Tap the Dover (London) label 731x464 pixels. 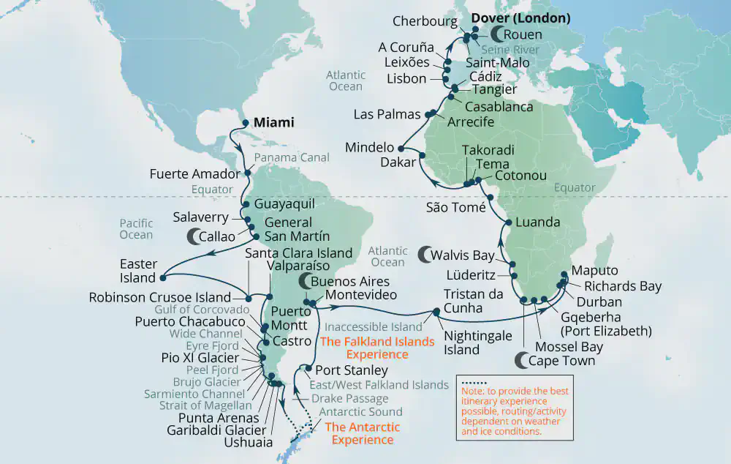pos(520,18)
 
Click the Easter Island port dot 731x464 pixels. pos(162,277)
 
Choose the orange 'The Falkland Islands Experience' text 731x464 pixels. pos(366,347)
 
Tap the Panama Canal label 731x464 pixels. pos(293,157)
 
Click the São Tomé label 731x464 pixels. pos(456,207)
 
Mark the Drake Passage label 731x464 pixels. pos(349,399)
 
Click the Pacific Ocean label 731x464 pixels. pos(137,229)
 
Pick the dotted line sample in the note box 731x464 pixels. pos(473,382)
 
